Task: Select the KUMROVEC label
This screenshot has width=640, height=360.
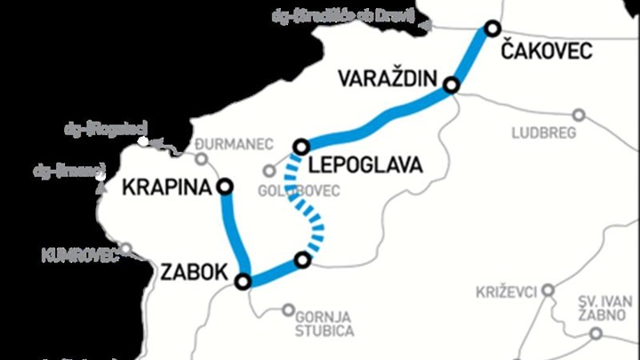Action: click(x=80, y=258)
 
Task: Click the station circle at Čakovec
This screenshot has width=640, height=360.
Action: click(x=491, y=29)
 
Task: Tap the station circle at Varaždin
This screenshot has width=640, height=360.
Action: click(x=452, y=85)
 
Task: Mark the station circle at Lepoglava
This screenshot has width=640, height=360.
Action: click(x=301, y=146)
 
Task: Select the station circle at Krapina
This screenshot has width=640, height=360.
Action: click(x=225, y=186)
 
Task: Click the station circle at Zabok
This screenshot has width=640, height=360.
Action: click(x=243, y=282)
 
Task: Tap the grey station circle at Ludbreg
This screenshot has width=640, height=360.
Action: click(x=579, y=115)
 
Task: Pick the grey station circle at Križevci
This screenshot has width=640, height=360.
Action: click(x=548, y=290)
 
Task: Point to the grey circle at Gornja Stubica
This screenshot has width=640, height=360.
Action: click(x=288, y=310)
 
